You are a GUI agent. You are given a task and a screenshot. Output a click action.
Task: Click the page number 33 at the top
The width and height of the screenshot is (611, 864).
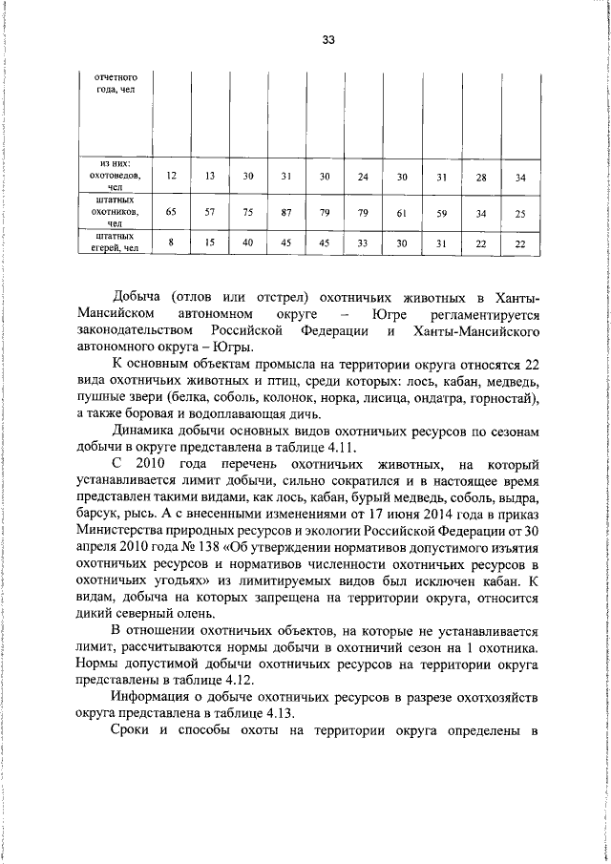click(x=327, y=40)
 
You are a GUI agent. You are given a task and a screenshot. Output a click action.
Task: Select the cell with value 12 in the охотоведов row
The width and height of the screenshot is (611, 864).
click(x=171, y=177)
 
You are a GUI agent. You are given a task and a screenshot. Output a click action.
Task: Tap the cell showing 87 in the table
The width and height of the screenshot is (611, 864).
click(x=285, y=212)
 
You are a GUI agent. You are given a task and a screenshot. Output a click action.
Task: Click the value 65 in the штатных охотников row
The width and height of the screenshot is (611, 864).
click(x=171, y=212)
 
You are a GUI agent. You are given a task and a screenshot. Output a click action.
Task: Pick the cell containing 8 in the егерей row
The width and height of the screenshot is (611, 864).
click(x=171, y=243)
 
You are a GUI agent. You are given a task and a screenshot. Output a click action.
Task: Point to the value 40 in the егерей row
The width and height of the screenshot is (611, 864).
click(x=247, y=243)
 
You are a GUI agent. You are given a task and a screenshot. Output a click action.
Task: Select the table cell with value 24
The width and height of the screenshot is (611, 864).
click(x=363, y=177)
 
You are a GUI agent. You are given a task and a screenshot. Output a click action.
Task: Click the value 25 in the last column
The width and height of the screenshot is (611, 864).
click(x=519, y=212)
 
